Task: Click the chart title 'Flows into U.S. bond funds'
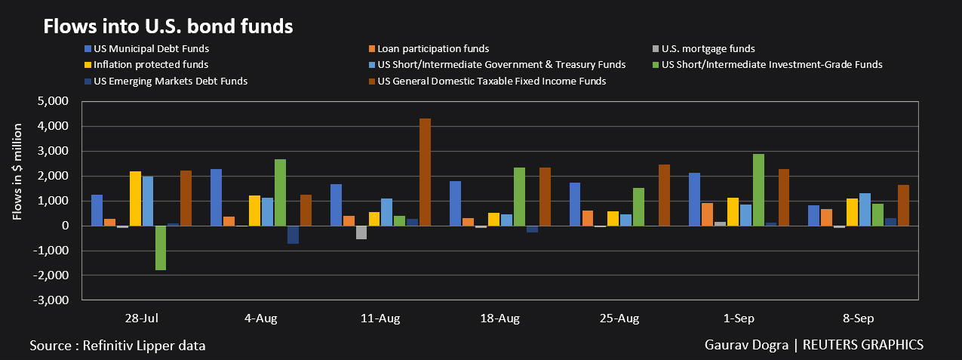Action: coord(168,27)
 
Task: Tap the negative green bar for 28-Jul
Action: coord(161,248)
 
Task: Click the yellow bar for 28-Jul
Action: coord(136,198)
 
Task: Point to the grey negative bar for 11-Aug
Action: coord(361,232)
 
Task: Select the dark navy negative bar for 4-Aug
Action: coord(293,235)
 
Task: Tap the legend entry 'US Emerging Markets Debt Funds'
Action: coord(165,81)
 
